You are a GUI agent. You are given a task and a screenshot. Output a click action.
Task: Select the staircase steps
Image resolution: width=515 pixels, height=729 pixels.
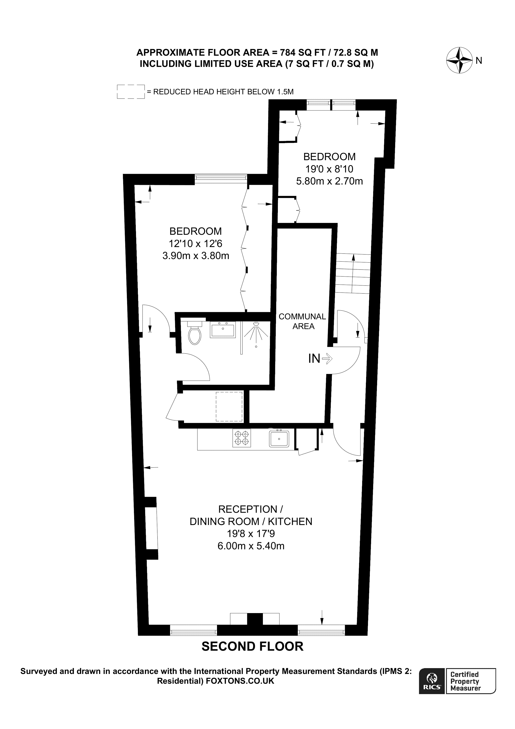353,273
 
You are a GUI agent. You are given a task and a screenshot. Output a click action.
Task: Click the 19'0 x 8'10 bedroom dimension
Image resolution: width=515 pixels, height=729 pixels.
329,169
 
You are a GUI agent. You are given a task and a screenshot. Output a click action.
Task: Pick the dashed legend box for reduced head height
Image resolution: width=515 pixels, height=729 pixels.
131,92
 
